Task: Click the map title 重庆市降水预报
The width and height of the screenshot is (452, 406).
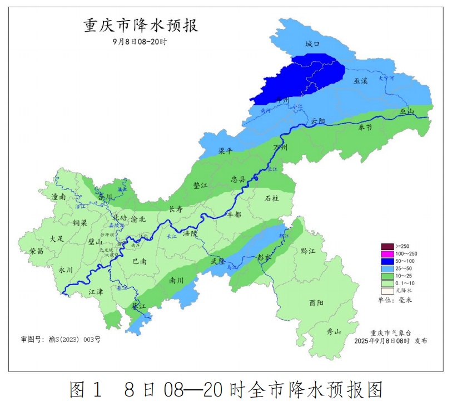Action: click(141, 26)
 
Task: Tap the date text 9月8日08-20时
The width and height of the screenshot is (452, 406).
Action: click(140, 42)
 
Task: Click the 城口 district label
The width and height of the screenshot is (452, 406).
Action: click(313, 44)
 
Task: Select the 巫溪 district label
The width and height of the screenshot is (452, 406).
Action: click(361, 81)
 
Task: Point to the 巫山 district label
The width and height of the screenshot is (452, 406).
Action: click(408, 111)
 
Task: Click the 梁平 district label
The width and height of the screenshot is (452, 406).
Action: click(225, 150)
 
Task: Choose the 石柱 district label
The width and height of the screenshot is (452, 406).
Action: click(272, 198)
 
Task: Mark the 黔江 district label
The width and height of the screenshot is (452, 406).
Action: click(307, 252)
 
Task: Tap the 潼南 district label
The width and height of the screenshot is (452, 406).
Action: click(58, 197)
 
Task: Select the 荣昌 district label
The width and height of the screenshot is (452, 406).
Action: click(37, 251)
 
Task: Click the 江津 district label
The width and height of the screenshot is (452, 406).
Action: click(96, 292)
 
